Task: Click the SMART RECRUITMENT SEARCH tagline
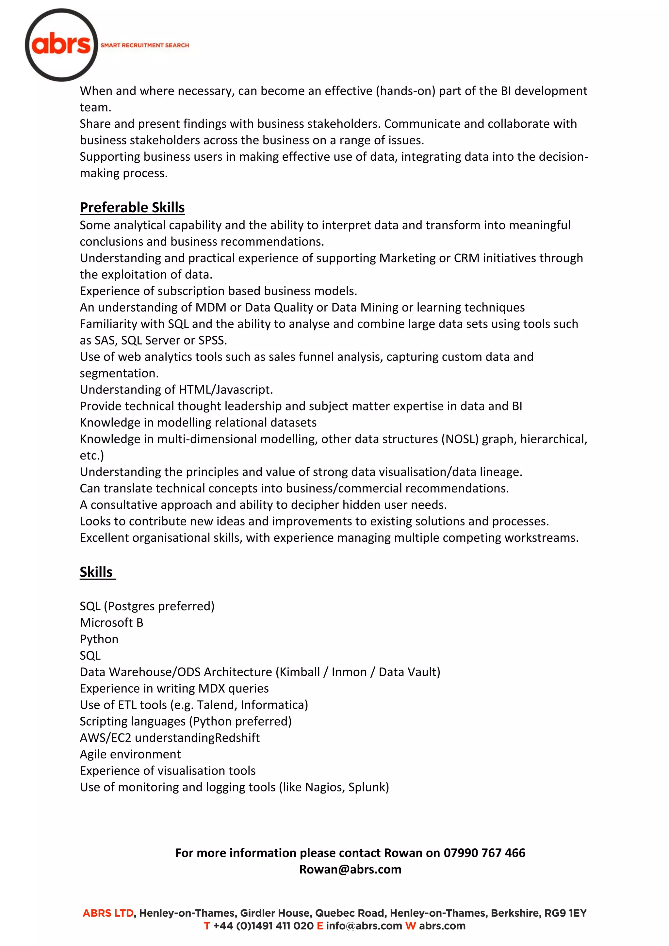tap(145, 45)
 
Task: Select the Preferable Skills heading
tap(132, 207)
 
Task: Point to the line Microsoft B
tap(111, 623)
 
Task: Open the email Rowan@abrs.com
tap(350, 869)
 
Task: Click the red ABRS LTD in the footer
tap(108, 913)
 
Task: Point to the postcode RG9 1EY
tap(565, 913)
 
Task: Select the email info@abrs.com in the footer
tap(364, 926)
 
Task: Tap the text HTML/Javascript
tap(225, 390)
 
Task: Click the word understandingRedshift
tap(197, 738)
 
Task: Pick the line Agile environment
tap(130, 754)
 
